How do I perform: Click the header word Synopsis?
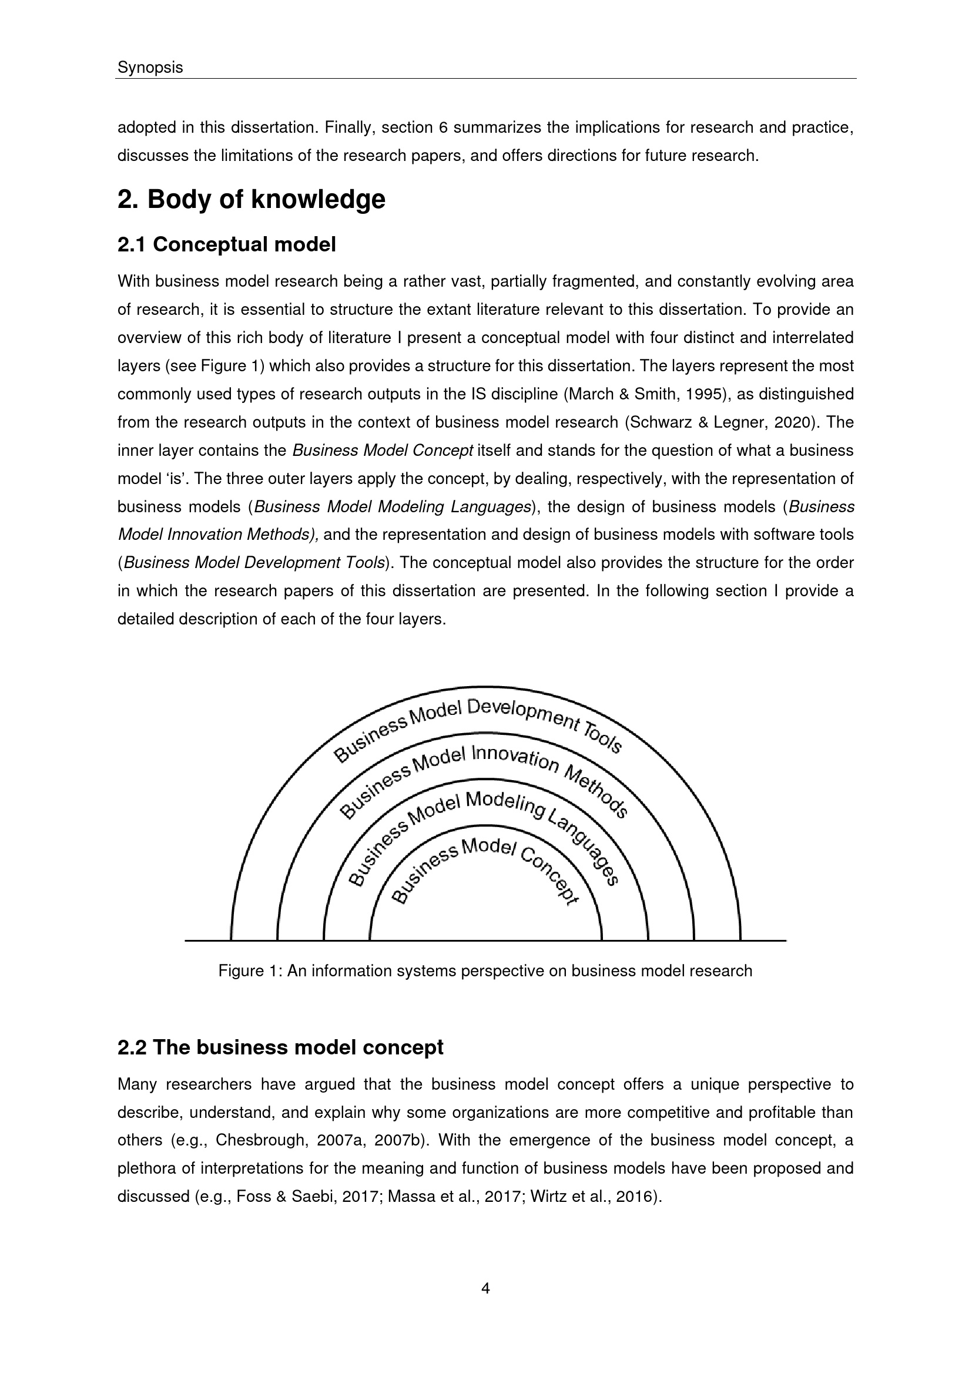(x=150, y=68)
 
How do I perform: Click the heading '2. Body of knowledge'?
(x=251, y=199)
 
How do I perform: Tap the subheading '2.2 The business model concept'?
(x=280, y=1047)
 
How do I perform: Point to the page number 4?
(x=485, y=1288)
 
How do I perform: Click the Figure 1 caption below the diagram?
(x=485, y=970)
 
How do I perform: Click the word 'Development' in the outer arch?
(x=524, y=714)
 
